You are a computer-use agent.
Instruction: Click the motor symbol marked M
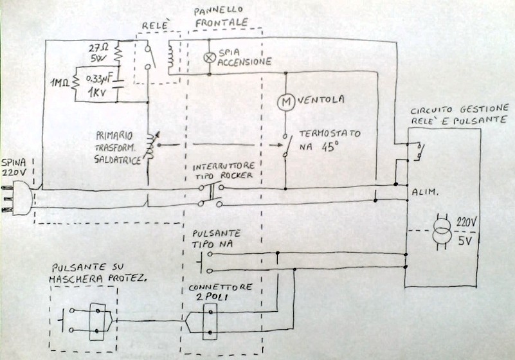(284, 101)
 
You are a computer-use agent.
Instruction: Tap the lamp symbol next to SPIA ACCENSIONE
(208, 57)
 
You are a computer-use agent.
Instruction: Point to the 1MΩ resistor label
(62, 82)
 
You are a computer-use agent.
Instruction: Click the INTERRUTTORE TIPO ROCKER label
(222, 172)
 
